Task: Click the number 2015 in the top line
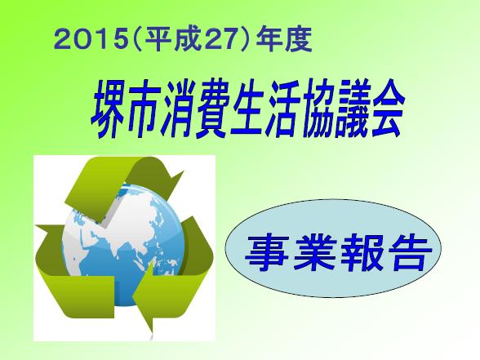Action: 90,40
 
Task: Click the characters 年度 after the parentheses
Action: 284,40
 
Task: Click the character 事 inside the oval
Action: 267,253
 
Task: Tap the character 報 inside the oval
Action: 362,253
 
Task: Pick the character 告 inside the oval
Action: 409,253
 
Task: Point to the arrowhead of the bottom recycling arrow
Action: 144,297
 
